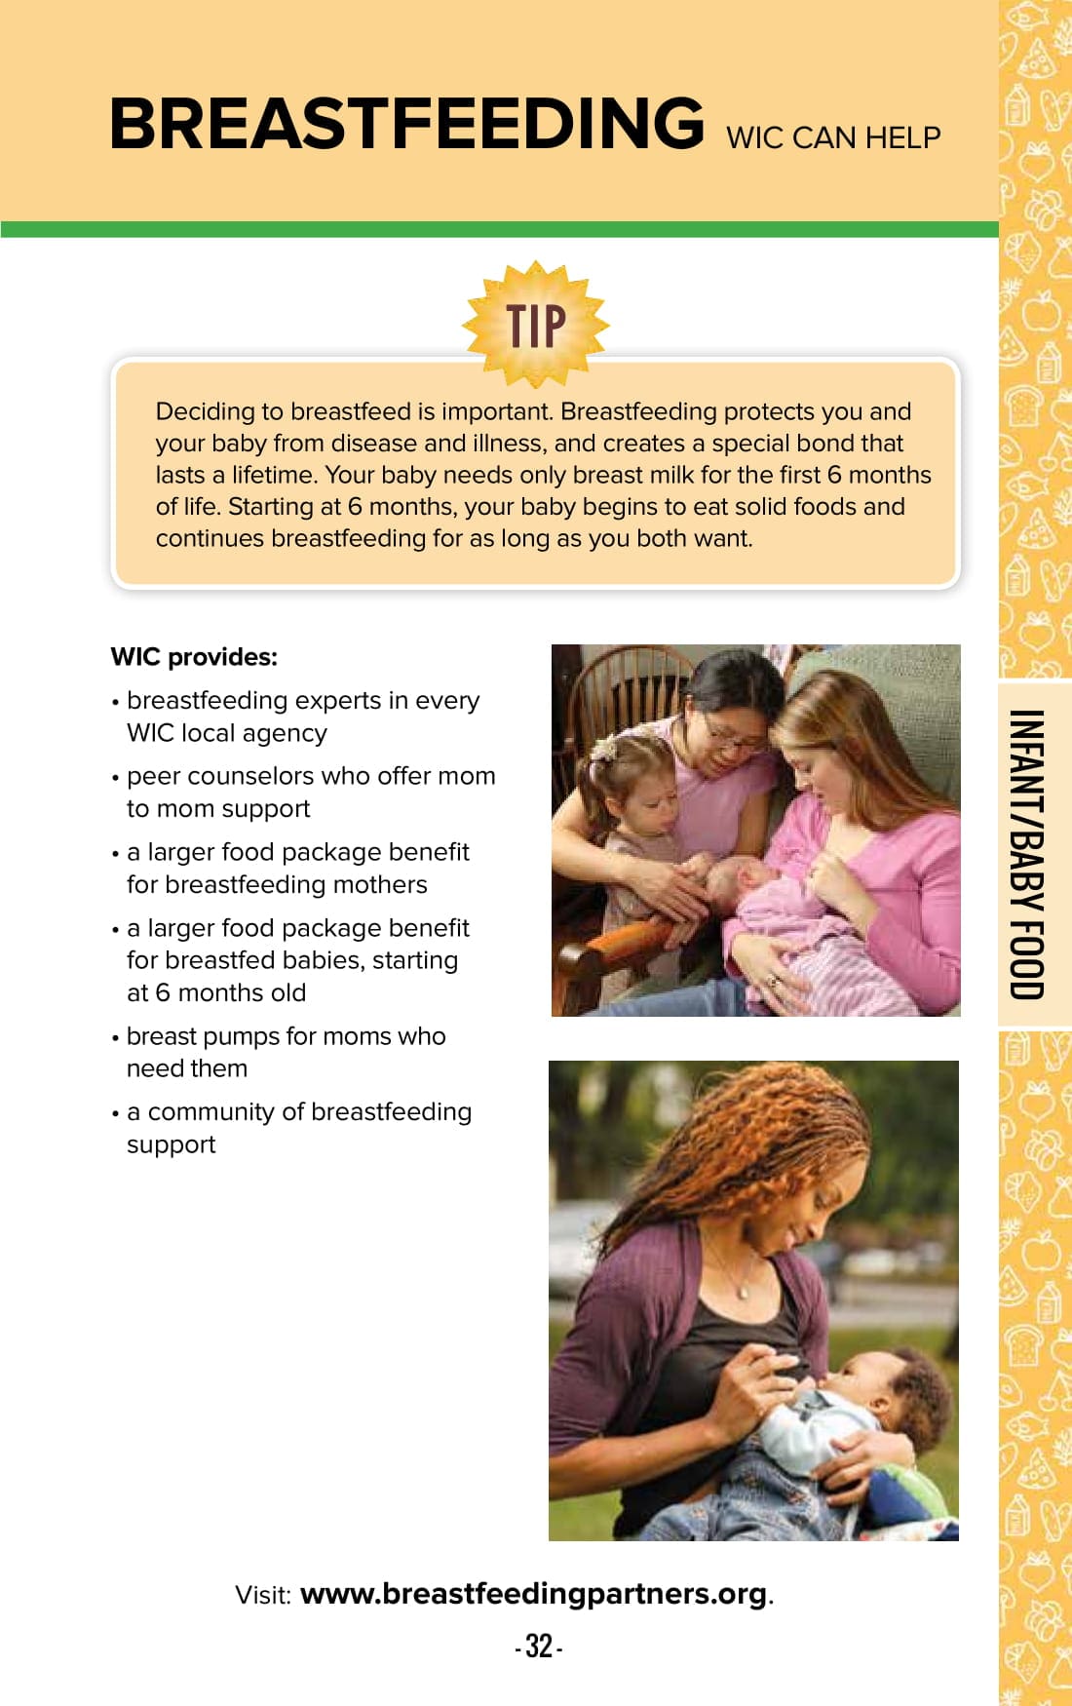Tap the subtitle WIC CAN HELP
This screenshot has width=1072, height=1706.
coord(833,137)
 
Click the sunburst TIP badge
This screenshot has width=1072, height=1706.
coord(536,325)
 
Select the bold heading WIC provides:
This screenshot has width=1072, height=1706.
coord(194,657)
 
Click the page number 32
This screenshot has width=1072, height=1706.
coord(539,1647)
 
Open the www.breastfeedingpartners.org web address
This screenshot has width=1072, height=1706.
coord(534,1594)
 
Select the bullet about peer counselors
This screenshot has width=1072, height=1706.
coord(303,793)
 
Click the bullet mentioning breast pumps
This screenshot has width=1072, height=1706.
coord(279,1052)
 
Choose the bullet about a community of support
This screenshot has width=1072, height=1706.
coord(291,1128)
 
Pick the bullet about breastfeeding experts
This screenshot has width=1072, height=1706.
coord(295,717)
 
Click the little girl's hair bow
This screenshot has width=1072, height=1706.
coord(603,749)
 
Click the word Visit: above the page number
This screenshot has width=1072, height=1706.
coord(263,1595)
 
